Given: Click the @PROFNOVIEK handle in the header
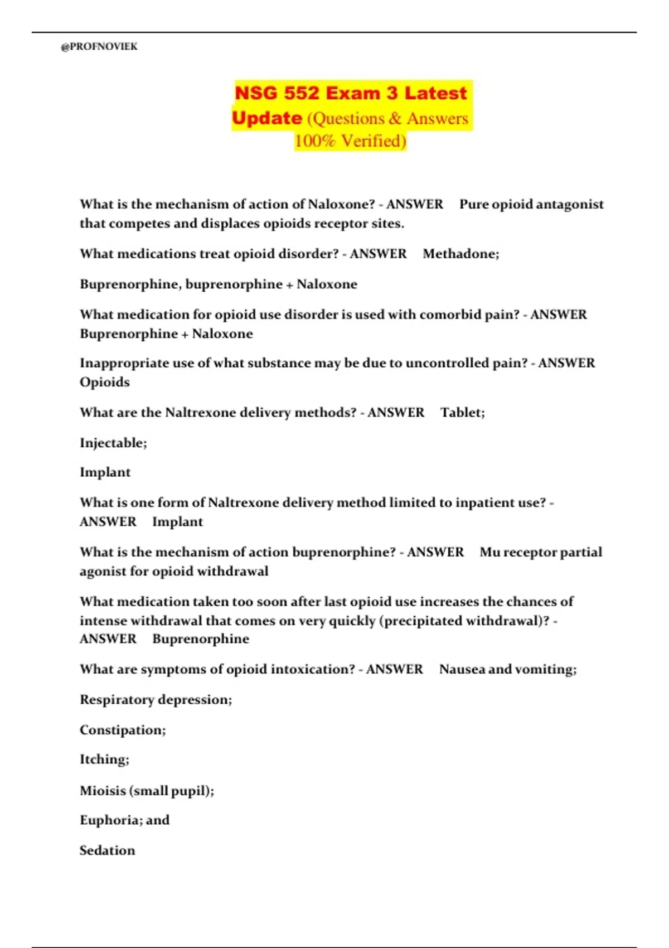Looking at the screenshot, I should [x=99, y=47].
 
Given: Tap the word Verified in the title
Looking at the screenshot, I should [x=374, y=141].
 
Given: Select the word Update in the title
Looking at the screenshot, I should [x=266, y=118].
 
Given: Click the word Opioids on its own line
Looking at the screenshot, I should [x=105, y=383].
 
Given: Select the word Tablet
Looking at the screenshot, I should [x=461, y=413].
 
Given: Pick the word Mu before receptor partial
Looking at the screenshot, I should [x=490, y=553].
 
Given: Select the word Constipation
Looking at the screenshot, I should [x=121, y=731].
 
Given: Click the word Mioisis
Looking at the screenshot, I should [x=103, y=791].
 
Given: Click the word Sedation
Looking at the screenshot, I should [x=107, y=851].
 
